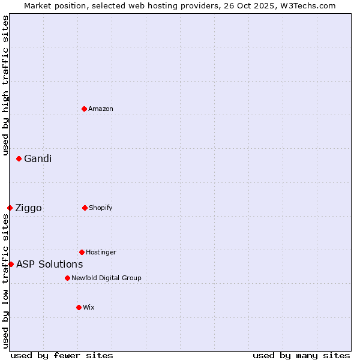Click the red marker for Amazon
[84, 109]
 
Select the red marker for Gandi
[19, 158]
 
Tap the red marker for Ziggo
[10, 208]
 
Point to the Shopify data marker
[85, 208]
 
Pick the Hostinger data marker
[82, 252]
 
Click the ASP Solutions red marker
[11, 264]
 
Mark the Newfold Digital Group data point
[67, 278]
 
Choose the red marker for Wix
[79, 307]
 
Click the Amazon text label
[101, 109]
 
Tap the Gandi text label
[38, 158]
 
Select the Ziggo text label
[28, 208]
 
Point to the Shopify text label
[101, 208]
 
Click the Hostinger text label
[101, 252]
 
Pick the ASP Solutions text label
[49, 264]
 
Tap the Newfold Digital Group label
[106, 278]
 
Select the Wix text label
[89, 307]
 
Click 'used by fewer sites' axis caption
[62, 355]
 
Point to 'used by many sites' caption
[301, 355]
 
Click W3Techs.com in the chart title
[307, 5]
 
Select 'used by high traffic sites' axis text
[5, 85]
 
